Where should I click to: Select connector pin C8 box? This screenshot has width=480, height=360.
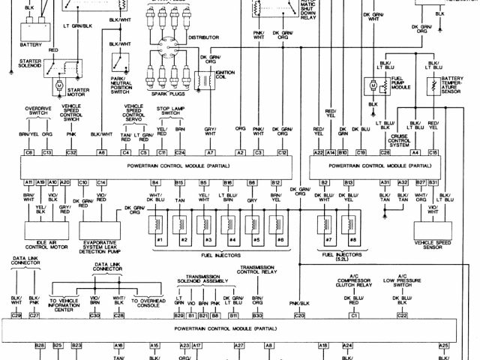[x=29, y=152]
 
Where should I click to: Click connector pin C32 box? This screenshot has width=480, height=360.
[x=71, y=152]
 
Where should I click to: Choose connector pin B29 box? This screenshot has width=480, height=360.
[x=178, y=316]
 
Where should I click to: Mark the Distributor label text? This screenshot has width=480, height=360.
[x=203, y=37]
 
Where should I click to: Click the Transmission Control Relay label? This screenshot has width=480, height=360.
[x=258, y=270]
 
